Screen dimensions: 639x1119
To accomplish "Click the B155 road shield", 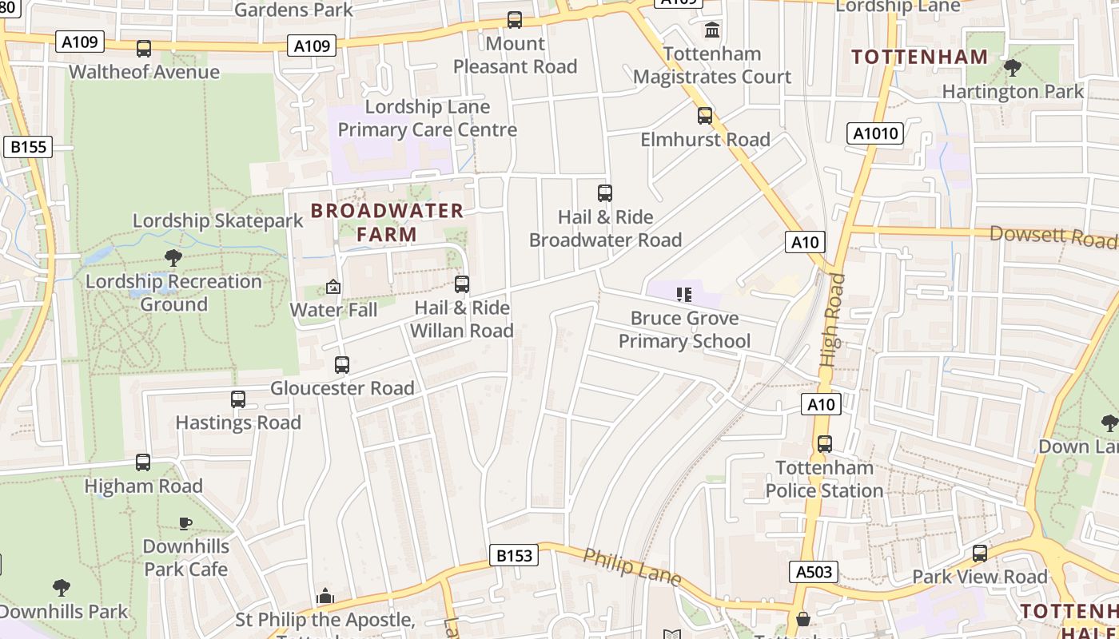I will (x=28, y=147).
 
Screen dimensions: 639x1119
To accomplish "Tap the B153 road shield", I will (x=513, y=555).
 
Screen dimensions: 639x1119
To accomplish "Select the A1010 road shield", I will (x=875, y=133).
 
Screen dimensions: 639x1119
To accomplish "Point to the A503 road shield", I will (x=814, y=571).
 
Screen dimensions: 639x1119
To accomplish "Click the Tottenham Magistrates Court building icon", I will (x=711, y=30).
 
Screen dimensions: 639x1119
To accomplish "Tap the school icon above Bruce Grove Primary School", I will (x=683, y=295).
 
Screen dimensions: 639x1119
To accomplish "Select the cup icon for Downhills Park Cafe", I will (x=185, y=524).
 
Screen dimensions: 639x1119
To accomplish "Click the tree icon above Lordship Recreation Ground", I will (x=173, y=258).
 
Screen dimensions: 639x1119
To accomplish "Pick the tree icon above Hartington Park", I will (x=1012, y=68).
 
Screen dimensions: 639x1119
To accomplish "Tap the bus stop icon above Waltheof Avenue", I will (x=144, y=49).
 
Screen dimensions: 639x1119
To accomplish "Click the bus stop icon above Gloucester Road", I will (x=342, y=365).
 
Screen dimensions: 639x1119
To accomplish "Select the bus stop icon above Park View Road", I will (x=980, y=554).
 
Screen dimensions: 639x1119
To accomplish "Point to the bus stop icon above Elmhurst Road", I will (x=705, y=116).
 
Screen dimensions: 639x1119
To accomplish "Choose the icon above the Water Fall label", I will (x=333, y=287).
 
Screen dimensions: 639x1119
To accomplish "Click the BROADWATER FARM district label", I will (x=387, y=222).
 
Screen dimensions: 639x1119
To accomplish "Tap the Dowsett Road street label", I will (x=1052, y=236).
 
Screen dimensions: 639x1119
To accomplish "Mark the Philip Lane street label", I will (x=631, y=566).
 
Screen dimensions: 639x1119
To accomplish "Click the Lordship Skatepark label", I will (x=217, y=220).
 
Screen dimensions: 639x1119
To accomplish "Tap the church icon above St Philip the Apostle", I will (x=325, y=596).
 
